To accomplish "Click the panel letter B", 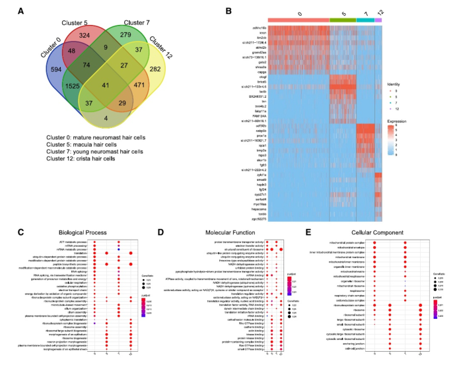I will point(228,11).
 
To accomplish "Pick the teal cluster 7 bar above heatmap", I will point(365,20).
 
